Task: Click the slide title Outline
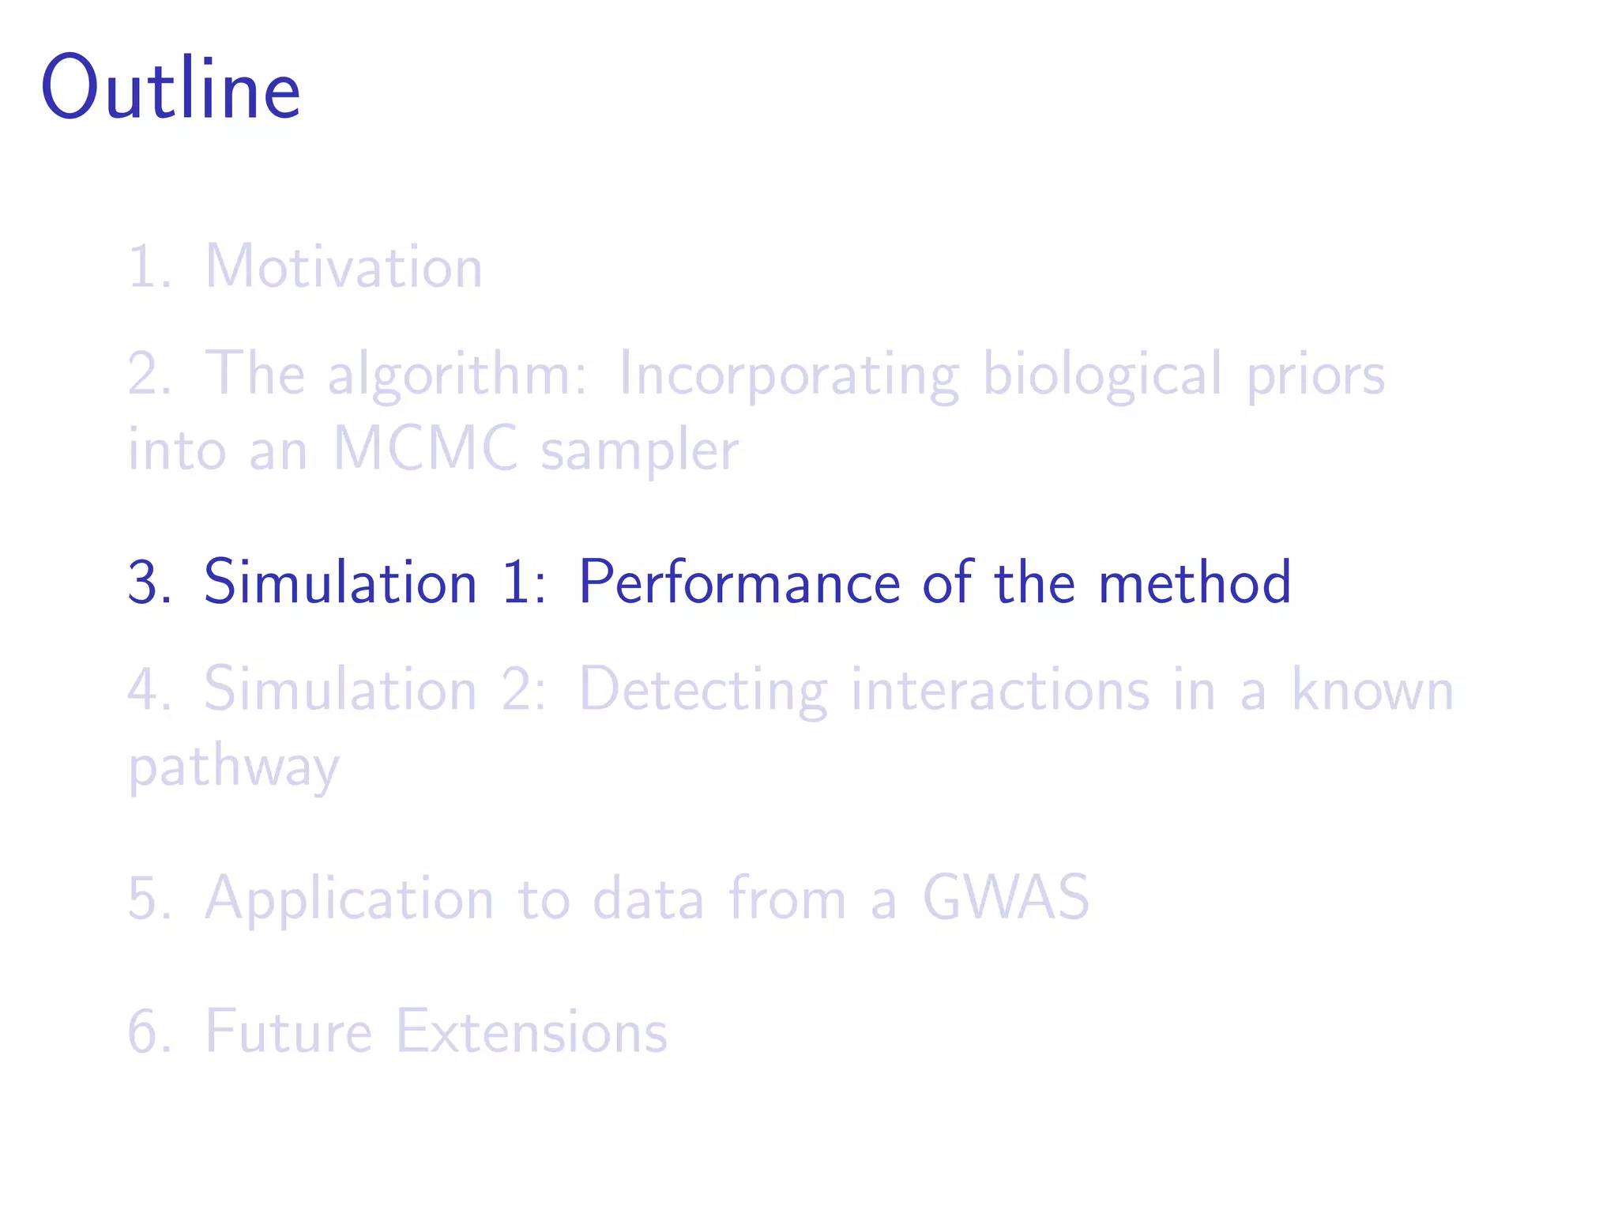[x=171, y=88]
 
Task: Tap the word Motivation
[x=344, y=267]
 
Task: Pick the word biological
[x=1103, y=373]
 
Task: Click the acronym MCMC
[x=425, y=449]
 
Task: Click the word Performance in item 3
[x=739, y=583]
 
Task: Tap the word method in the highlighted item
[x=1195, y=583]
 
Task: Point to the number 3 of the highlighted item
[x=146, y=583]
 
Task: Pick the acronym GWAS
[x=1006, y=898]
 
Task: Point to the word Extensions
[x=531, y=1032]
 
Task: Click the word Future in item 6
[x=288, y=1032]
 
